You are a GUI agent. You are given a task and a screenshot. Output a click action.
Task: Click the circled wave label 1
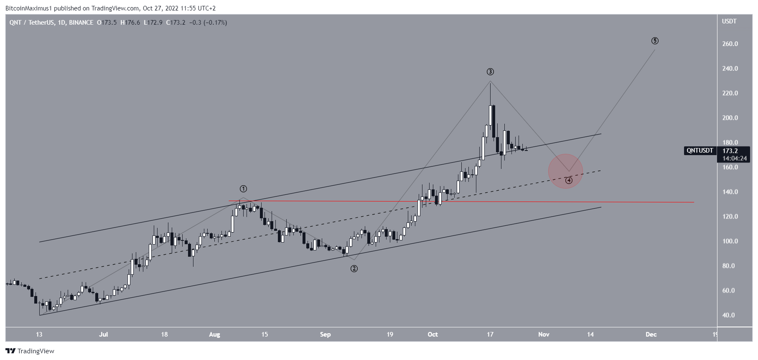pyautogui.click(x=243, y=189)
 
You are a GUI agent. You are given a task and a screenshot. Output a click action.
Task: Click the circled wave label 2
pyautogui.click(x=354, y=269)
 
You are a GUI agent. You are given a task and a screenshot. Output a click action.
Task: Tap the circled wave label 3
pyautogui.click(x=490, y=72)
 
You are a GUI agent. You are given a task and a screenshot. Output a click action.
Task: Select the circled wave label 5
pyautogui.click(x=655, y=41)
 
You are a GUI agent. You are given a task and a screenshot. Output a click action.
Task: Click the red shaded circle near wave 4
pyautogui.click(x=565, y=171)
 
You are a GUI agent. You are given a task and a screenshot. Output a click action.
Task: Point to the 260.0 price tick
pyautogui.click(x=730, y=44)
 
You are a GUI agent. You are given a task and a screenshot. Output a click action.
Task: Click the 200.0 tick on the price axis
pyautogui.click(x=730, y=118)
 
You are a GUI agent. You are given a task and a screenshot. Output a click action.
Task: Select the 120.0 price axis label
pyautogui.click(x=730, y=217)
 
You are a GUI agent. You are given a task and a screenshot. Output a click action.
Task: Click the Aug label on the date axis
pyautogui.click(x=214, y=334)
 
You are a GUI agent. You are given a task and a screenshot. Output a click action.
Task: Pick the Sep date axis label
pyautogui.click(x=325, y=334)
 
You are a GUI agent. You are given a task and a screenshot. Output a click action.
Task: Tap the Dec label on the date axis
pyautogui.click(x=651, y=334)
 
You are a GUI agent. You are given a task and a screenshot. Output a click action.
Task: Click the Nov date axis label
pyautogui.click(x=544, y=334)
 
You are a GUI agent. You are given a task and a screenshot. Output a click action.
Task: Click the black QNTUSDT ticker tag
pyautogui.click(x=700, y=151)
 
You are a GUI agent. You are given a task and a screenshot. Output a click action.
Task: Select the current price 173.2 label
pyautogui.click(x=730, y=151)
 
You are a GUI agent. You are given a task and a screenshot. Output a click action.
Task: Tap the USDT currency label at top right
pyautogui.click(x=729, y=21)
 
